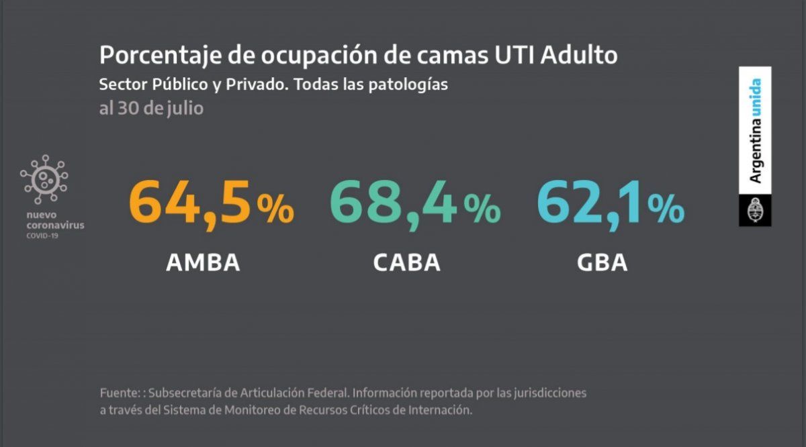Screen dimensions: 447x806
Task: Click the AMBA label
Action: click(x=203, y=262)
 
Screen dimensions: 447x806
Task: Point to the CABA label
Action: click(x=406, y=262)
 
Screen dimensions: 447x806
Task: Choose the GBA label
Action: click(x=602, y=262)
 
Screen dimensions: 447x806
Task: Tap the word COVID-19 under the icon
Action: click(x=42, y=236)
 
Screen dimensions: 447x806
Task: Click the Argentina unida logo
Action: click(x=756, y=132)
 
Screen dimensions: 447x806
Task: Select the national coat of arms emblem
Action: click(x=755, y=211)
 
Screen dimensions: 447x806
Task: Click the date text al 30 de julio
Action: click(x=151, y=107)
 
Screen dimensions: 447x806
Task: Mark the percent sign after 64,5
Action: click(x=275, y=211)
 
